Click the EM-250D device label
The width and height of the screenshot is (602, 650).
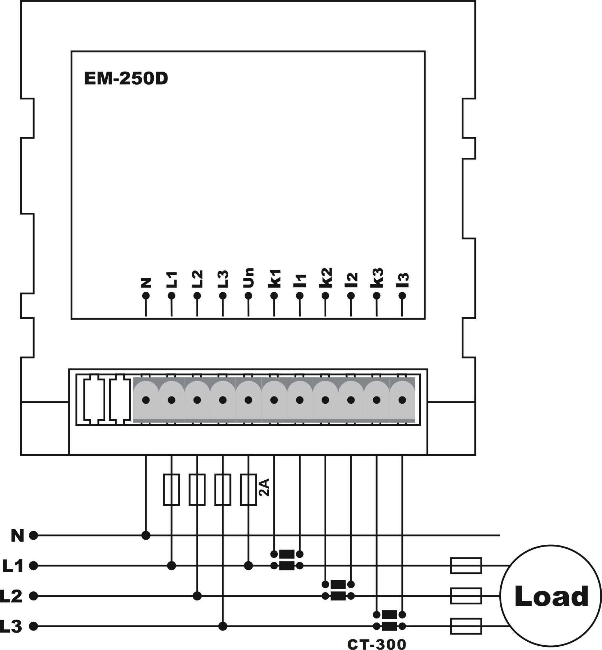(126, 79)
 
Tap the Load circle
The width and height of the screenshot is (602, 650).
(551, 596)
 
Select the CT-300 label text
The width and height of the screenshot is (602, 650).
(377, 644)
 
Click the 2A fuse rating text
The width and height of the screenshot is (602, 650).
(264, 487)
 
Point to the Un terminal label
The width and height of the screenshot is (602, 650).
(249, 277)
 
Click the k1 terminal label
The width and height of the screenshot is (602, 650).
(274, 278)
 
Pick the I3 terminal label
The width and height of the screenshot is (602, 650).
(402, 280)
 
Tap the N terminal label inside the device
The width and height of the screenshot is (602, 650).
(146, 282)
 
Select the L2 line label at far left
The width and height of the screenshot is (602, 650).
(12, 596)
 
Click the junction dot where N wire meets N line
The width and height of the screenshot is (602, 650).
(146, 535)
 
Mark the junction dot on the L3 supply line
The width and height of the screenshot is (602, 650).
(223, 626)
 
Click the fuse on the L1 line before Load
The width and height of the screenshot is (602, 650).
(466, 566)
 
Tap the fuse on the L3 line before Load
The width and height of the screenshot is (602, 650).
(466, 626)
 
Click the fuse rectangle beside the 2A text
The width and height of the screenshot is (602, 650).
(249, 489)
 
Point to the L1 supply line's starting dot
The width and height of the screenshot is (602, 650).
(33, 566)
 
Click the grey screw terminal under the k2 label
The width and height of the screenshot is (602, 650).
(325, 400)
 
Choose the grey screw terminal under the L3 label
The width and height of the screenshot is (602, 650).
(223, 400)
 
